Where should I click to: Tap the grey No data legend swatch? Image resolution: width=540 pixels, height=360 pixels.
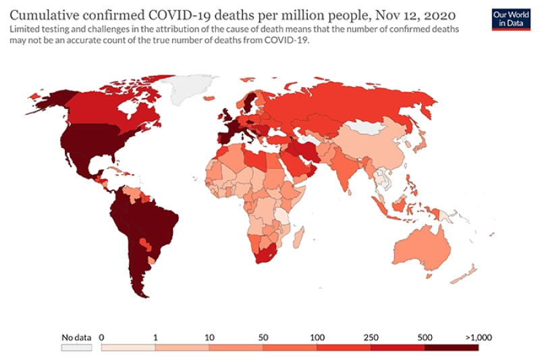(76, 347)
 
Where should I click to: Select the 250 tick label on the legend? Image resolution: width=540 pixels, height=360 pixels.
(371, 336)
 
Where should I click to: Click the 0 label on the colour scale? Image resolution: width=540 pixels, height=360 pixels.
(102, 336)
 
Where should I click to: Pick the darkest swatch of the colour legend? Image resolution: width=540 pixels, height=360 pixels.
(452, 347)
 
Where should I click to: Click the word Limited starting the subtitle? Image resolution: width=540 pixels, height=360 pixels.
(26, 28)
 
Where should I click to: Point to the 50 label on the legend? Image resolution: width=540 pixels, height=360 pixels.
(263, 336)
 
